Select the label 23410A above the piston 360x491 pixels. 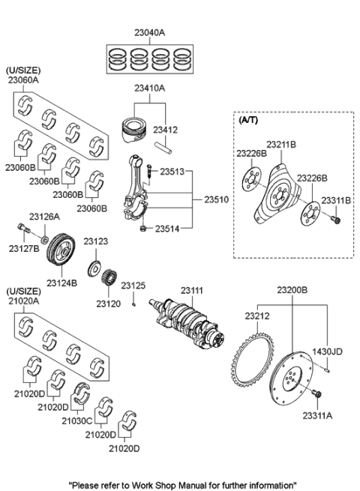point(150,88)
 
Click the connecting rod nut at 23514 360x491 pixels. point(143,228)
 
